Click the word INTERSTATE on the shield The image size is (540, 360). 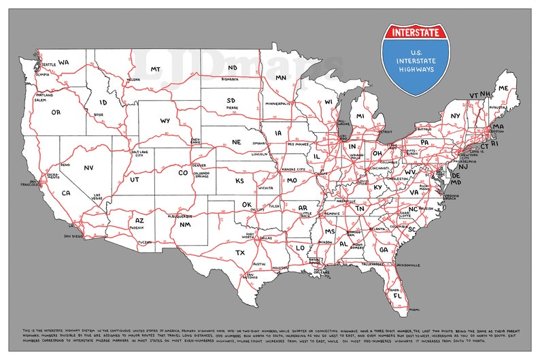[415, 32]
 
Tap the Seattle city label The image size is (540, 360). [48, 65]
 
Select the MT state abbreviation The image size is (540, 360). [155, 69]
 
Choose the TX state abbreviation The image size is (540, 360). [239, 252]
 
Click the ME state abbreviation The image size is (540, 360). [503, 88]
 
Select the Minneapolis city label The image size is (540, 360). [277, 103]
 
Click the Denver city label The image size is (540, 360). [199, 165]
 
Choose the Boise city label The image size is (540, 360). [98, 115]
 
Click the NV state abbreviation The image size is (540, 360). [88, 167]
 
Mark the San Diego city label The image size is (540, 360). [73, 236]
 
